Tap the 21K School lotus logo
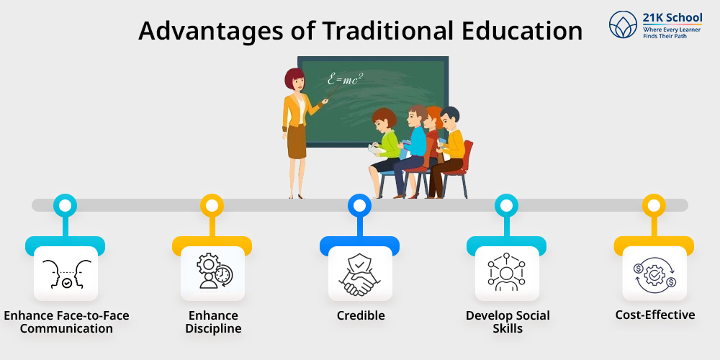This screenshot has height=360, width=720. pyautogui.click(x=623, y=24)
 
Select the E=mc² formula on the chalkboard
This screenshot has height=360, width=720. pyautogui.click(x=345, y=79)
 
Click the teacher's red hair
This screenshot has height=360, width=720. pyautogui.click(x=292, y=78)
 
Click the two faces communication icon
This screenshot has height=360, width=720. pyautogui.click(x=66, y=274)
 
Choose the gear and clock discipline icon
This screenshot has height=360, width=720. pyautogui.click(x=214, y=271)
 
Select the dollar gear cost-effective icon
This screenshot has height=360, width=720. pyautogui.click(x=654, y=274)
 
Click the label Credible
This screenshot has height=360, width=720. pyautogui.click(x=361, y=315)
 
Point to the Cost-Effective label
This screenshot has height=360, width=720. pyautogui.click(x=654, y=315)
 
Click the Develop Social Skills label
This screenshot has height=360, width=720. pyautogui.click(x=508, y=322)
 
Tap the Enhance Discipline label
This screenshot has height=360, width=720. pyautogui.click(x=213, y=322)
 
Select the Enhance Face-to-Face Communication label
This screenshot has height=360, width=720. pyautogui.click(x=66, y=322)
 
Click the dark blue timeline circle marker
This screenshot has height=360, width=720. pyautogui.click(x=359, y=205)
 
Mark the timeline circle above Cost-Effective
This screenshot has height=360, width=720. pyautogui.click(x=654, y=205)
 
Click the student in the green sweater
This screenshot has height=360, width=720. pyautogui.click(x=384, y=147)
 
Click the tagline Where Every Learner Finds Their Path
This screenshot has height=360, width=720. pyautogui.click(x=672, y=32)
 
